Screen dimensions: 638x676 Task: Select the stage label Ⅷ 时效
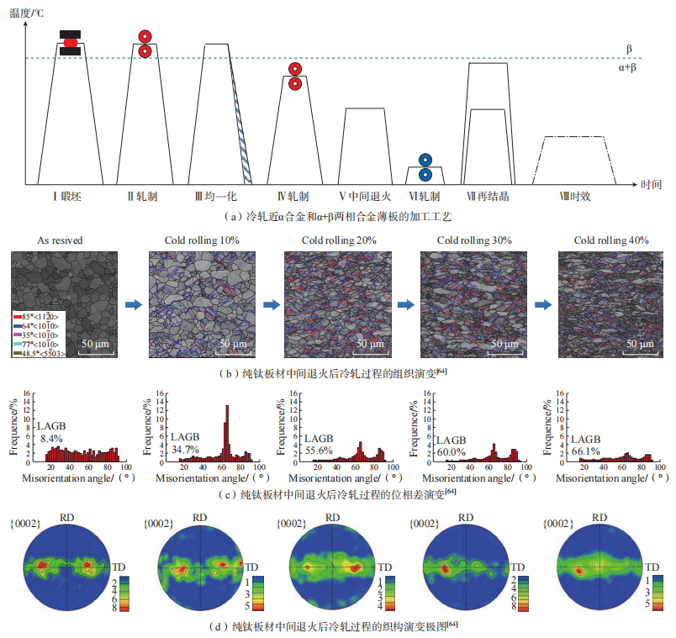coord(576,197)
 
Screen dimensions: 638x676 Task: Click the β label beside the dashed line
coord(629,49)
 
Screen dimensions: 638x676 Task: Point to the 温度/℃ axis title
coord(26,12)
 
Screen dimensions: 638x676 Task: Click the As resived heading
coord(61,240)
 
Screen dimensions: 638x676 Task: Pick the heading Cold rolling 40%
coord(611,240)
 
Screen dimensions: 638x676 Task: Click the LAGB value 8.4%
coord(51,438)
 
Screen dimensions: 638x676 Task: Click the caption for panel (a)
coord(339,216)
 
